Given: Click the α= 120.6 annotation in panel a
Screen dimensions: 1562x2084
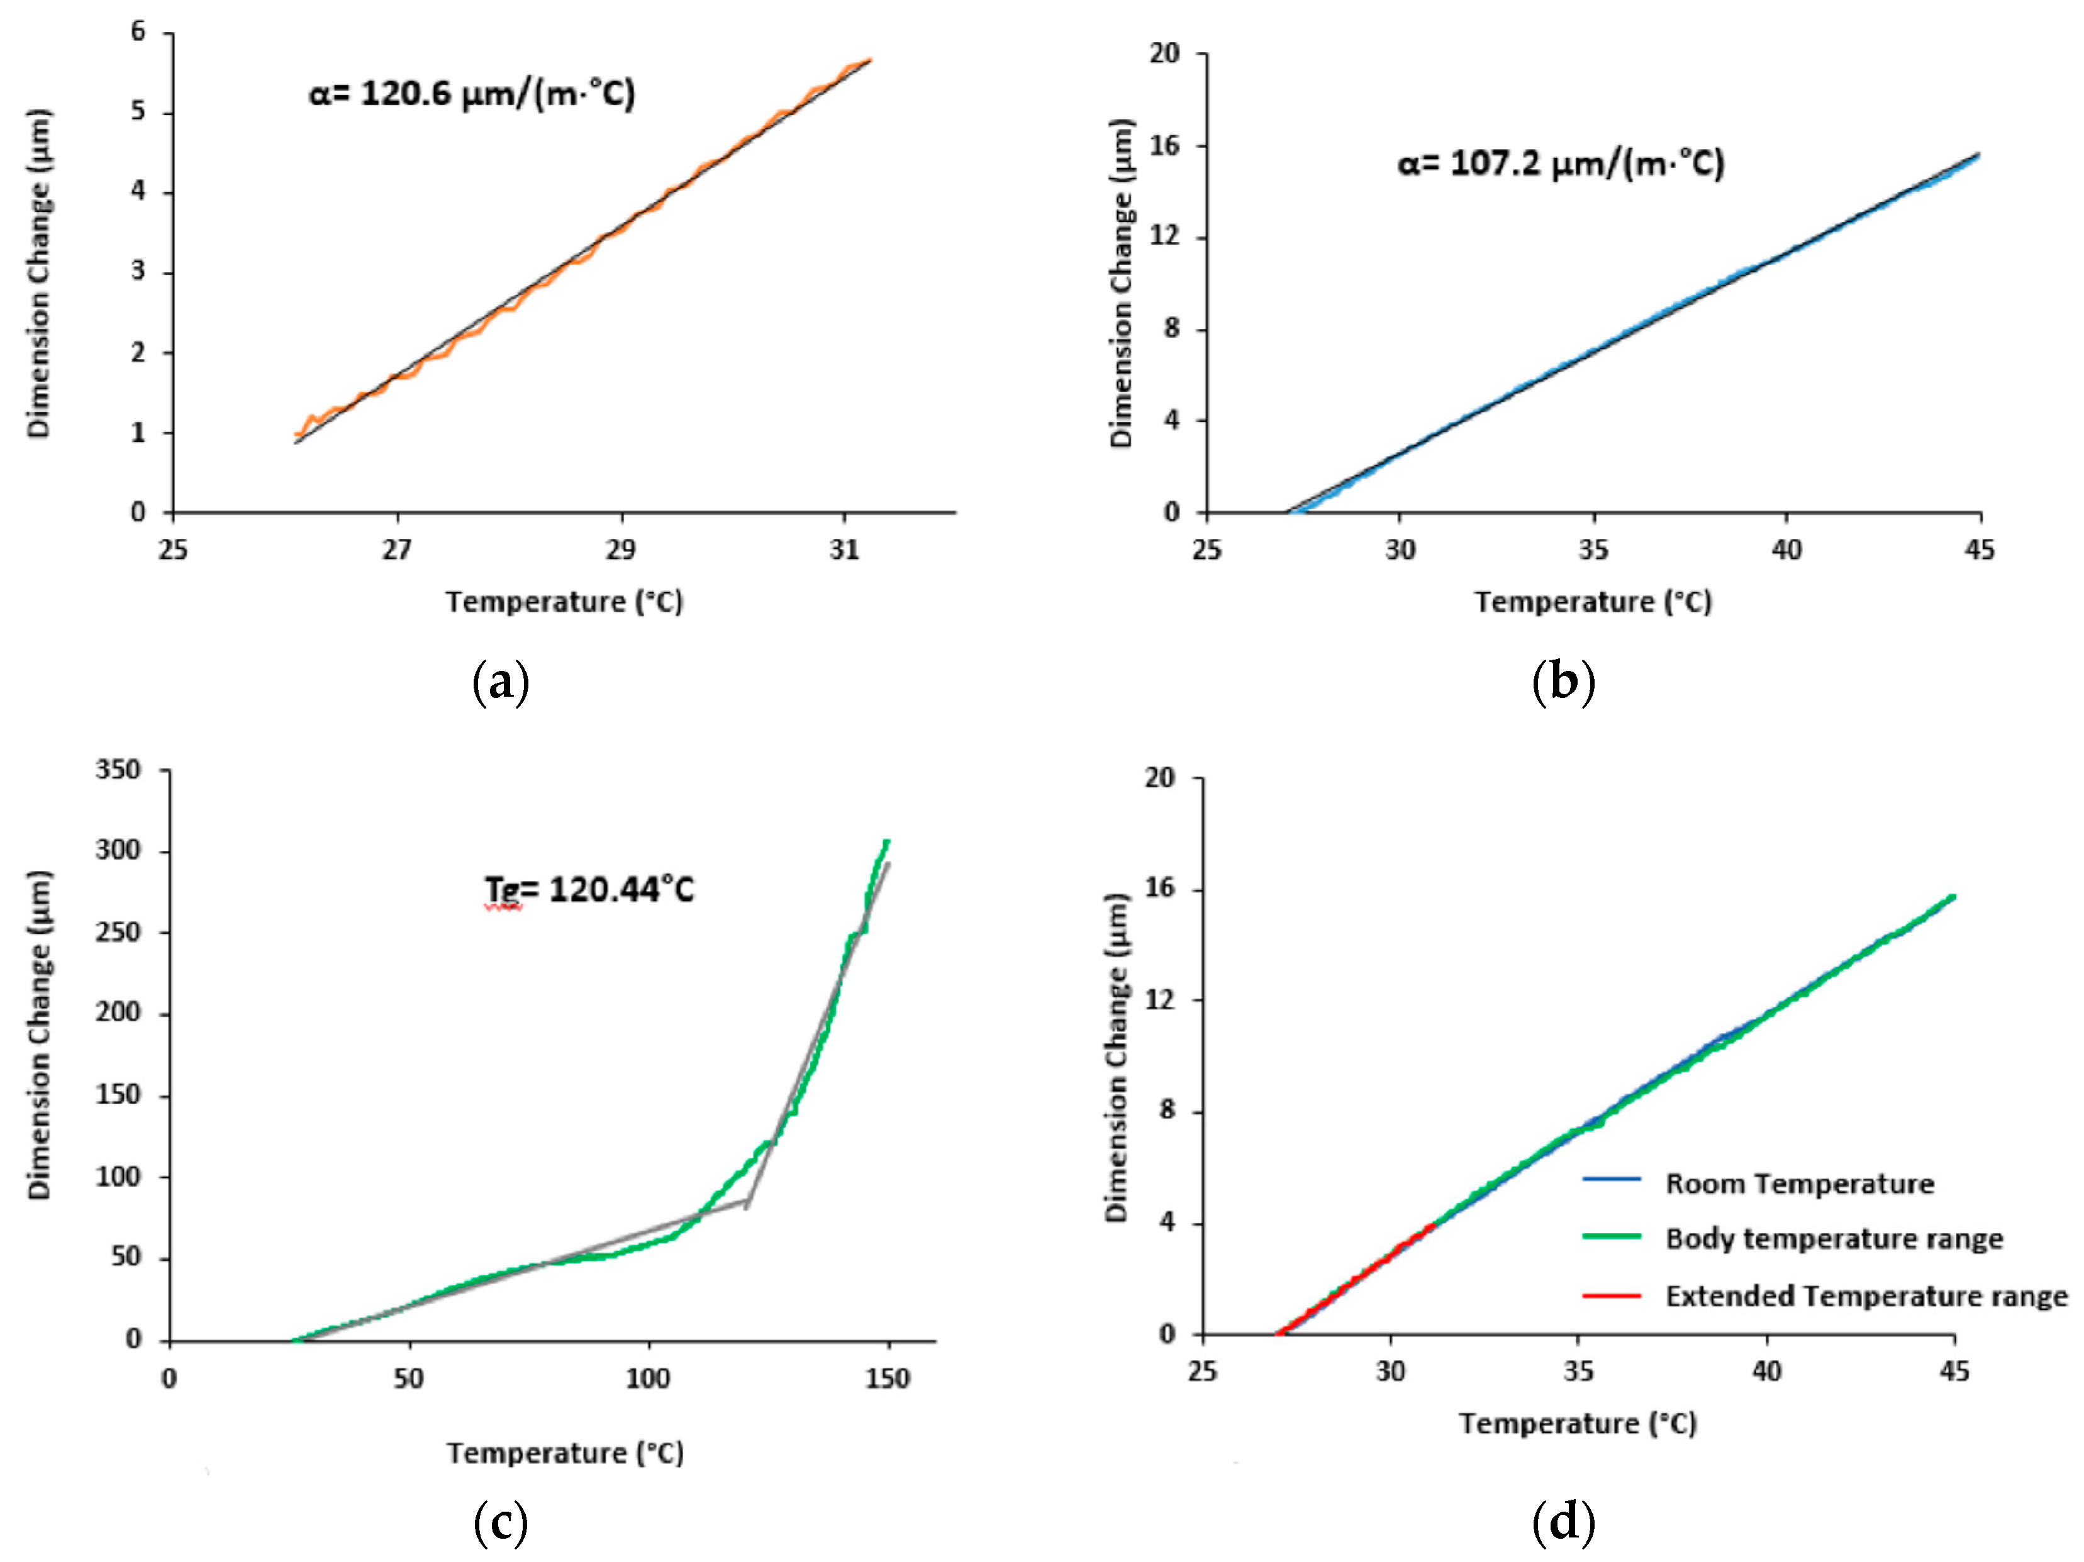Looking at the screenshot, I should coord(472,94).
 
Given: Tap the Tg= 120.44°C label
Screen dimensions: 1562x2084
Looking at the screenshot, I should coord(589,889).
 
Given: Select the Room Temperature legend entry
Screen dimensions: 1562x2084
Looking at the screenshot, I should coord(1798,1183).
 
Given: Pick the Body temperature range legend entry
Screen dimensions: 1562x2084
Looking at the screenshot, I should coord(1832,1239).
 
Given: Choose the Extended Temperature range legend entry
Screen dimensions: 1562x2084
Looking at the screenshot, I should coord(1866,1297).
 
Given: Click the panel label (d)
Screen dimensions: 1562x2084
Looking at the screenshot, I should coord(1563,1520).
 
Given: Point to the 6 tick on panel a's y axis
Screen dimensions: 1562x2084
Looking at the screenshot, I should coord(138,32).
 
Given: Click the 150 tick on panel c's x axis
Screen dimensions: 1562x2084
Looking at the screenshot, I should coord(888,1379).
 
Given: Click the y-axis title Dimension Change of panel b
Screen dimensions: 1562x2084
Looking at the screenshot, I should coord(1121,282).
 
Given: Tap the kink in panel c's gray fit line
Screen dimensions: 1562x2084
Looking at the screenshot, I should coord(746,1205).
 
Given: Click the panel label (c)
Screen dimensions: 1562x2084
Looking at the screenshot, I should coord(500,1520).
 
